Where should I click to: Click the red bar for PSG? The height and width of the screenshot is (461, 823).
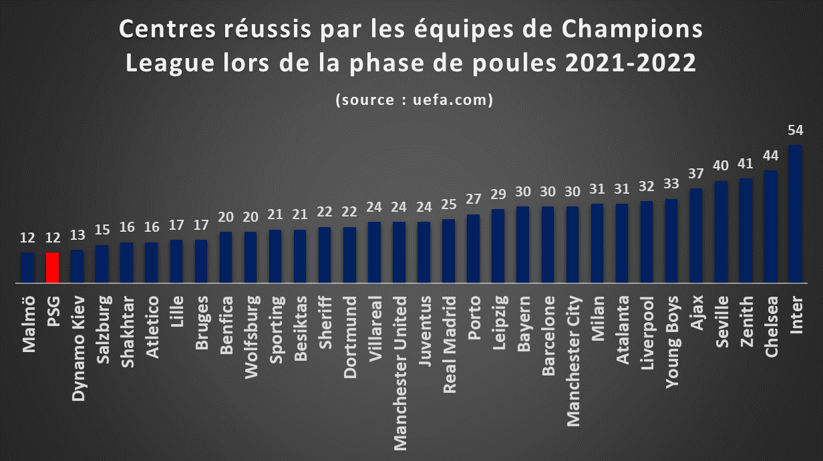click(x=53, y=267)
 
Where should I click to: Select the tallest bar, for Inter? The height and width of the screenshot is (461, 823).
click(x=795, y=214)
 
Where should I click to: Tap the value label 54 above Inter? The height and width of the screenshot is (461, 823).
click(x=796, y=130)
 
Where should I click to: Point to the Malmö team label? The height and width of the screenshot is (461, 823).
click(x=29, y=324)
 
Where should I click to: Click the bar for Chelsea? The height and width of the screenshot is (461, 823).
click(x=770, y=226)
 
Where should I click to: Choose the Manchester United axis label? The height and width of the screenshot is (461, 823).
click(x=400, y=373)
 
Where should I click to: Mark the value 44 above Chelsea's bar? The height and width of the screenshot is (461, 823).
click(x=770, y=156)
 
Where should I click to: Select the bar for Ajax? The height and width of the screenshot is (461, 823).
click(x=696, y=235)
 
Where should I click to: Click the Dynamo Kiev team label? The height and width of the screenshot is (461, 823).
click(x=78, y=348)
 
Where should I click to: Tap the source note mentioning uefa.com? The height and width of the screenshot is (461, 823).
click(x=414, y=100)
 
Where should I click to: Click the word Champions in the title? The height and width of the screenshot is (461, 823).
click(x=632, y=29)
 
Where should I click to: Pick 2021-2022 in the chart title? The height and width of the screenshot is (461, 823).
click(x=631, y=62)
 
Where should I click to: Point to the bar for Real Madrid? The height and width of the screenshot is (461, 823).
click(x=449, y=251)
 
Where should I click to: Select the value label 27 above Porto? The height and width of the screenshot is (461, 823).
click(x=473, y=198)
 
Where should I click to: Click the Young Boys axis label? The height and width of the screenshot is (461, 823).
click(x=672, y=342)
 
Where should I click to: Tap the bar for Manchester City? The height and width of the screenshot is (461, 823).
click(x=572, y=245)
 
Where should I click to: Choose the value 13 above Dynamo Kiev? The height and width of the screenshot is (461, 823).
click(x=77, y=235)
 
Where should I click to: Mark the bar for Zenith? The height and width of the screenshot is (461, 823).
click(x=746, y=230)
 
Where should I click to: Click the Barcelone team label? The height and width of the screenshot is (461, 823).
click(x=548, y=336)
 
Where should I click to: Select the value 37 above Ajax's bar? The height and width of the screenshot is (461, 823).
click(x=696, y=174)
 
